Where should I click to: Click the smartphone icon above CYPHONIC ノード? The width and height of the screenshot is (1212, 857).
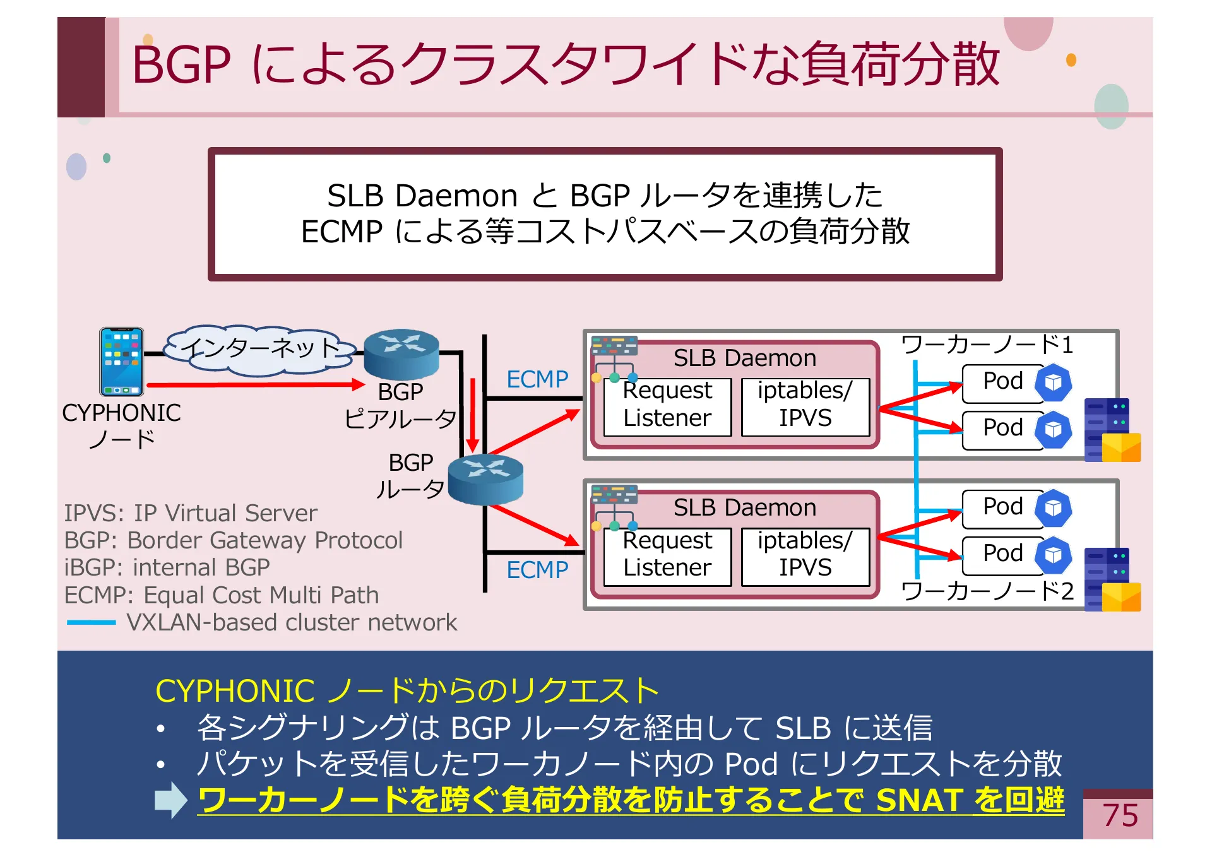pos(121,361)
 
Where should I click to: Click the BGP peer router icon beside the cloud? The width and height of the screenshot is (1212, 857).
pos(401,353)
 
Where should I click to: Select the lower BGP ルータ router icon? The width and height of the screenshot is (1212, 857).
pos(485,479)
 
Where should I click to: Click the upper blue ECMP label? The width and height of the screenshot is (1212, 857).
pos(537,379)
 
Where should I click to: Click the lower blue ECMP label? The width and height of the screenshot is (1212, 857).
pos(537,570)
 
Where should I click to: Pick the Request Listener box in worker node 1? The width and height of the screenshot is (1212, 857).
pos(667,406)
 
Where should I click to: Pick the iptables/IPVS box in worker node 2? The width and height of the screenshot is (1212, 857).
pos(805,555)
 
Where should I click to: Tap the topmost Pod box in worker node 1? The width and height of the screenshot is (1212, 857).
pos(1002,382)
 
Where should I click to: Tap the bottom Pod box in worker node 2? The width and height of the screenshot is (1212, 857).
pos(1002,554)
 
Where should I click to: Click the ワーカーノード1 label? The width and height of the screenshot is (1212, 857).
pos(987,345)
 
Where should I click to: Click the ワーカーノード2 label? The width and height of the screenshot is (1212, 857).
pos(987,591)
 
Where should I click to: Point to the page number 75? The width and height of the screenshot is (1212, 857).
pos(1120,815)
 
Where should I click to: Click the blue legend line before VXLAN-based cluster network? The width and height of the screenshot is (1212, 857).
pos(92,623)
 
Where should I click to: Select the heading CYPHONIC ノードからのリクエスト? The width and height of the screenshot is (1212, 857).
pos(407,691)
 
